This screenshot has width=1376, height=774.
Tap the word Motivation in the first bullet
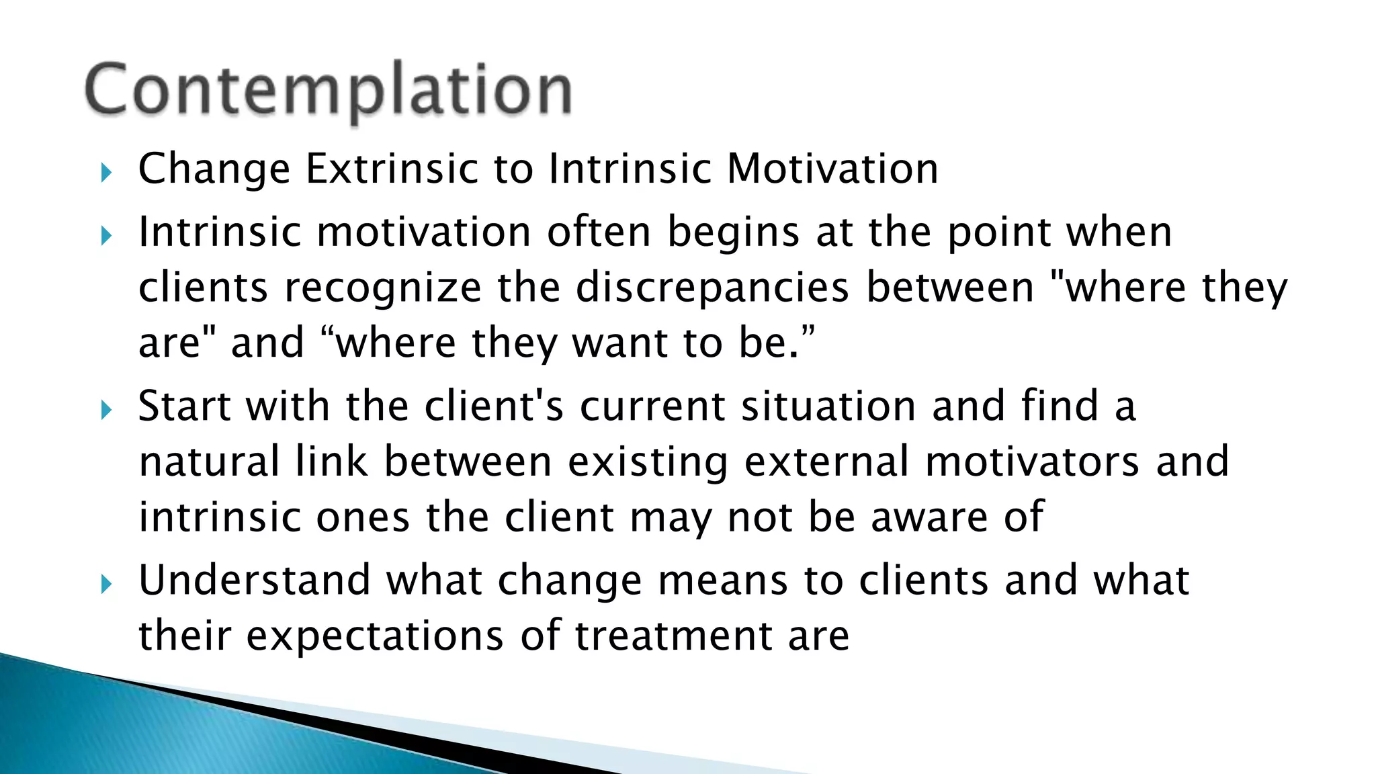coord(832,169)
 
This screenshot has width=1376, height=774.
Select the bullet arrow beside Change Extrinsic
coord(105,173)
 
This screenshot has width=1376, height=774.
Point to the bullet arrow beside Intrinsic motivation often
coord(105,236)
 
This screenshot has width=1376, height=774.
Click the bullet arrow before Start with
coord(105,410)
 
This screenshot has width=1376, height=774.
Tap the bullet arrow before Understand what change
coord(105,584)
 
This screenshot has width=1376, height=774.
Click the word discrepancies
coord(713,288)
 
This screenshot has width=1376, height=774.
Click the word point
coord(998,233)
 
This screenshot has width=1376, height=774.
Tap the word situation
coord(829,407)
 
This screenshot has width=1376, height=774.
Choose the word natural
coord(209,462)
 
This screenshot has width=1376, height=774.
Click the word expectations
coord(376,636)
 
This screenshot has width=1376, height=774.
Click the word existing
coord(648,462)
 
